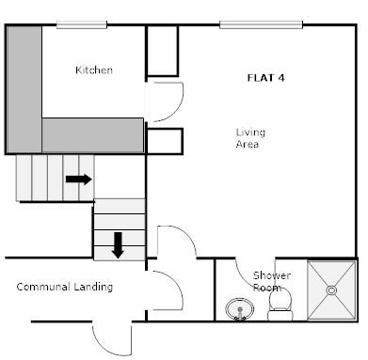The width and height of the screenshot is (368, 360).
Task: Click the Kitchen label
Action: click(x=94, y=70)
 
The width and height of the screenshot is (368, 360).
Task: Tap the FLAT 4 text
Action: click(x=265, y=77)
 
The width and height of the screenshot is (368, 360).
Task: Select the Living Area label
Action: click(x=248, y=138)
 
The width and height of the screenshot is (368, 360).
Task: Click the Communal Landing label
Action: click(x=65, y=287)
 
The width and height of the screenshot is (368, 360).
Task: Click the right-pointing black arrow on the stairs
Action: click(x=78, y=179)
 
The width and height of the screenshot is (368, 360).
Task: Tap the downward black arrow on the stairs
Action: click(x=118, y=244)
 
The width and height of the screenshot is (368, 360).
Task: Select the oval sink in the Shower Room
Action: click(x=241, y=307)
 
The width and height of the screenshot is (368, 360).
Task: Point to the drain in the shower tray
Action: click(x=331, y=290)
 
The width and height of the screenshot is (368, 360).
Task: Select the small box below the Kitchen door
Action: click(x=163, y=141)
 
